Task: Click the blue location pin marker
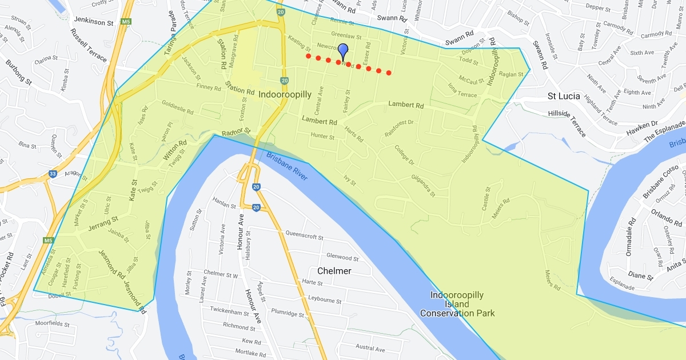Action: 343,51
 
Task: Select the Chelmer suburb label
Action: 334,270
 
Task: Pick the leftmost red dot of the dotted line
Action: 308,56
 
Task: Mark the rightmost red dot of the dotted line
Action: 389,73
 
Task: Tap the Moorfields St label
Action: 52,324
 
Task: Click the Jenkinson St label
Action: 89,22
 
